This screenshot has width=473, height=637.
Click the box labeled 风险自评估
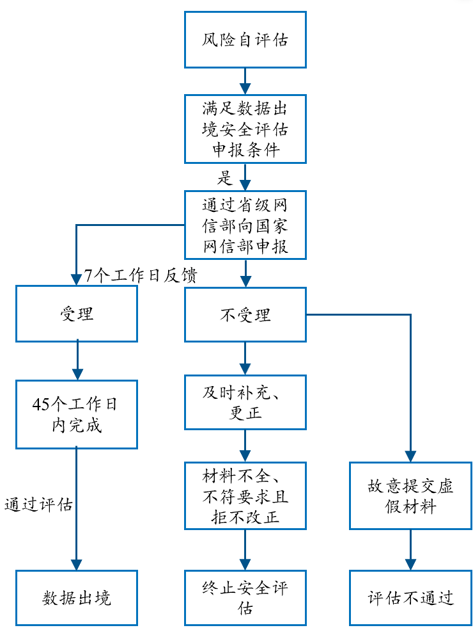tap(245, 40)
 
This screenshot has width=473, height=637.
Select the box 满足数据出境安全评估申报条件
tap(245, 129)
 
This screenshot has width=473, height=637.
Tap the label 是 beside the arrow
tap(224, 177)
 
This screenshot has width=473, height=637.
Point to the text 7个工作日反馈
tap(141, 276)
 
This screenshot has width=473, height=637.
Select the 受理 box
tap(77, 313)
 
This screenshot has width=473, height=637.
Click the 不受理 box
tap(245, 314)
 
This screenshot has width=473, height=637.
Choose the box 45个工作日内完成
tap(77, 414)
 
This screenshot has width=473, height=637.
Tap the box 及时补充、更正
tap(245, 402)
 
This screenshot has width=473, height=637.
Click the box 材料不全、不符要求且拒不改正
tap(245, 496)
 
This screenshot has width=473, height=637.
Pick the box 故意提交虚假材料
tap(410, 496)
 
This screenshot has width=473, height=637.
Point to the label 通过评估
tap(38, 504)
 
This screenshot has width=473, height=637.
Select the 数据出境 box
tap(77, 598)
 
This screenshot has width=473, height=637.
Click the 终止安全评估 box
tap(245, 598)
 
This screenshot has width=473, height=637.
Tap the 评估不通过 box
tap(410, 598)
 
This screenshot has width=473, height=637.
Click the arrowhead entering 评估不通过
tap(410, 564)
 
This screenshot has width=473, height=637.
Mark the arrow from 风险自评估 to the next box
tap(245, 81)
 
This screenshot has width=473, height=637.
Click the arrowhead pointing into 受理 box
tap(77, 278)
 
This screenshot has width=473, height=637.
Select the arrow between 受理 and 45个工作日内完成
tap(77, 360)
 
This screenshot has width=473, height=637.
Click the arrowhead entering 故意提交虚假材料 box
tap(410, 456)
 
